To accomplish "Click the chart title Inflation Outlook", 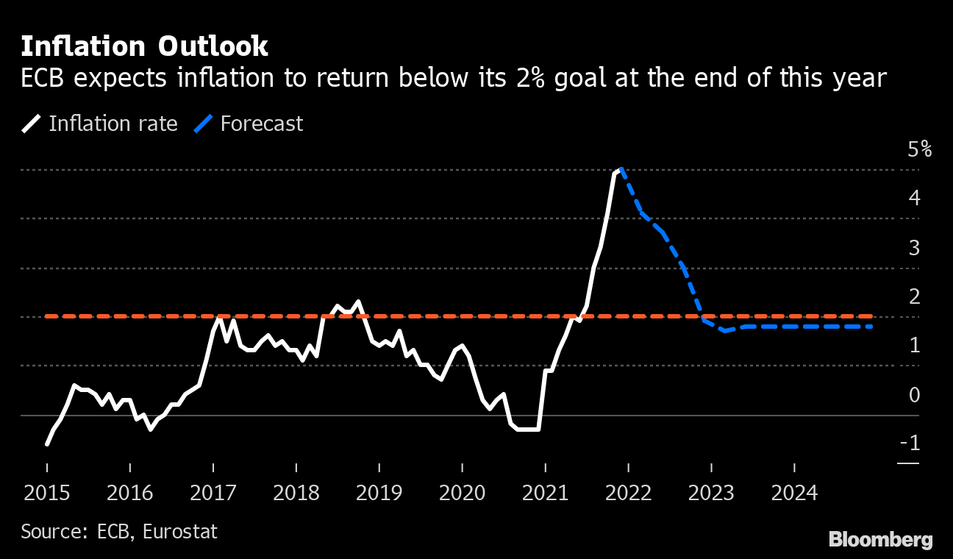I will [144, 46].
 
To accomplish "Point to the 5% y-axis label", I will [920, 150].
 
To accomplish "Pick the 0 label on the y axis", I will [914, 395].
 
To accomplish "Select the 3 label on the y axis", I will [914, 248].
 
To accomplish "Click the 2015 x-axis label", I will [46, 493].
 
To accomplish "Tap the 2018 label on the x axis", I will [296, 493].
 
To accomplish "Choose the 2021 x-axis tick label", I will [545, 493].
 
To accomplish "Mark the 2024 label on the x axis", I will [794, 493].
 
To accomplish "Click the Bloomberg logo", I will [880, 539].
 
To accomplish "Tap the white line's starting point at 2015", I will [47, 444].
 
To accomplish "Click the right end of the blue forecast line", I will [871, 327].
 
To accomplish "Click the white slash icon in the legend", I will [32, 124].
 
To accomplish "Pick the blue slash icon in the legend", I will [204, 124].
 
